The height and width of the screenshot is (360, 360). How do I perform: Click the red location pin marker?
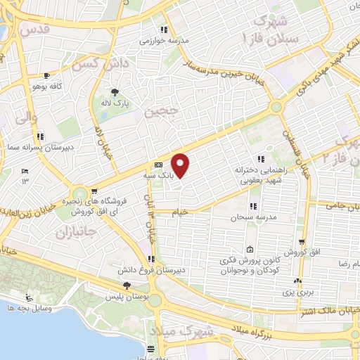pyautogui.click(x=181, y=165)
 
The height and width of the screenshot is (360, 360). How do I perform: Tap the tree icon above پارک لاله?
pyautogui.click(x=115, y=92)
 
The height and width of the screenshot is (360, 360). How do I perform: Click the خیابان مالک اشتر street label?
pyautogui.click(x=330, y=310)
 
